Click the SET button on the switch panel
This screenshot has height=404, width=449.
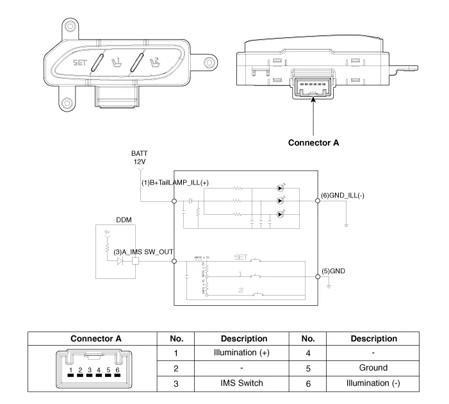pos(79,63)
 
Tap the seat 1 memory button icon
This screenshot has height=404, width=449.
pos(117,63)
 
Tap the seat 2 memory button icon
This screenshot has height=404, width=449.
pos(154,62)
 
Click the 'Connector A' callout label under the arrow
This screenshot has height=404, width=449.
pos(313,142)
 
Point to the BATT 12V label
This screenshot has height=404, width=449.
pos(139,158)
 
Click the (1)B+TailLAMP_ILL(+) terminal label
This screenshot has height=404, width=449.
pos(175,183)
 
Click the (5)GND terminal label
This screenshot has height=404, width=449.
pos(333,271)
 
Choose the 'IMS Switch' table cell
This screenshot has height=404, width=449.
pos(243,383)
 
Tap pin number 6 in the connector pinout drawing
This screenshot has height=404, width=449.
pos(117,371)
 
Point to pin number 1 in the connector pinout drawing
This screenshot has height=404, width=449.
pos(71,371)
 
